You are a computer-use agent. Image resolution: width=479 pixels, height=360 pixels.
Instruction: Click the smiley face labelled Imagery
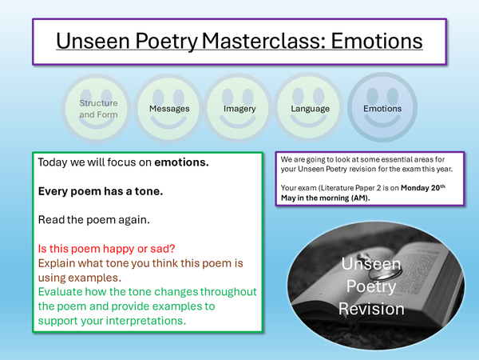[239, 109]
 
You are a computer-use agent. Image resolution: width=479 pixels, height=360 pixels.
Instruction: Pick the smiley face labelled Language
[309, 109]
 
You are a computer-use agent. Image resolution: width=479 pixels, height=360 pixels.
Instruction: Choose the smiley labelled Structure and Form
[97, 109]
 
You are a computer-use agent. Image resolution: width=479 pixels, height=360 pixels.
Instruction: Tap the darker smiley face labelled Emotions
[382, 109]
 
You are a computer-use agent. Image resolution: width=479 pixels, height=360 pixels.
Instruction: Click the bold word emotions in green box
[181, 162]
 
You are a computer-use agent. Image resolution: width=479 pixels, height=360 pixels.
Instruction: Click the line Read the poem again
[96, 218]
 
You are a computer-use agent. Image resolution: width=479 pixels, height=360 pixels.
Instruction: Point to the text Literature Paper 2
[346, 187]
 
